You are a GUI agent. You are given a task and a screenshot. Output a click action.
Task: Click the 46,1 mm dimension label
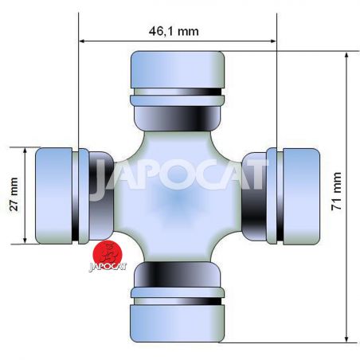pos(174,31)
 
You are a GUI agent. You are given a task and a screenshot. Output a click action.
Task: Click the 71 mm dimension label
pos(336,191)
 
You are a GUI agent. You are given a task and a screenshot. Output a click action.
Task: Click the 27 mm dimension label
pos(14,194)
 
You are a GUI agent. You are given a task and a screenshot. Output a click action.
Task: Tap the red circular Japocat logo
pos(108,253)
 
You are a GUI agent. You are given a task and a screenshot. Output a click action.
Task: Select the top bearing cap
pos(178,69)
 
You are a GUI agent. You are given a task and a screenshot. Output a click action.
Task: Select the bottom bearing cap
pos(178,323)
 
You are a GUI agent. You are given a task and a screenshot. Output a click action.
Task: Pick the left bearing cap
pos(54,196)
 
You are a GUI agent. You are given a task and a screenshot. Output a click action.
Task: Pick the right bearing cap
pos(301,197)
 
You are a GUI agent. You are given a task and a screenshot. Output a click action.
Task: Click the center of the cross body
pos(178,197)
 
